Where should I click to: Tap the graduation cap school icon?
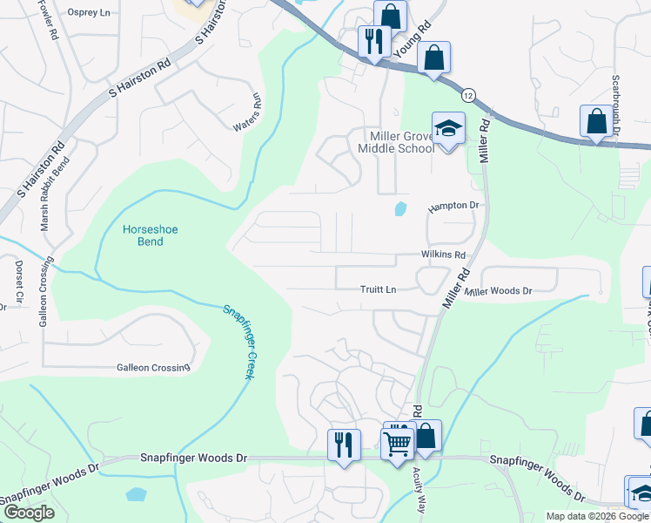pyautogui.click(x=448, y=129)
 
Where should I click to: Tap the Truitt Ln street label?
pyautogui.click(x=379, y=289)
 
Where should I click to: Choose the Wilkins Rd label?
pyautogui.click(x=443, y=255)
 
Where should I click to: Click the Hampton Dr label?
pyautogui.click(x=453, y=207)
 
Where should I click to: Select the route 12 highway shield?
pyautogui.click(x=468, y=93)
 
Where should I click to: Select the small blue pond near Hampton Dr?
pyautogui.click(x=399, y=209)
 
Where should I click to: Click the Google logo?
pyautogui.click(x=29, y=513)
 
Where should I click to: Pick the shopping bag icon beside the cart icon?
pyautogui.click(x=426, y=436)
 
